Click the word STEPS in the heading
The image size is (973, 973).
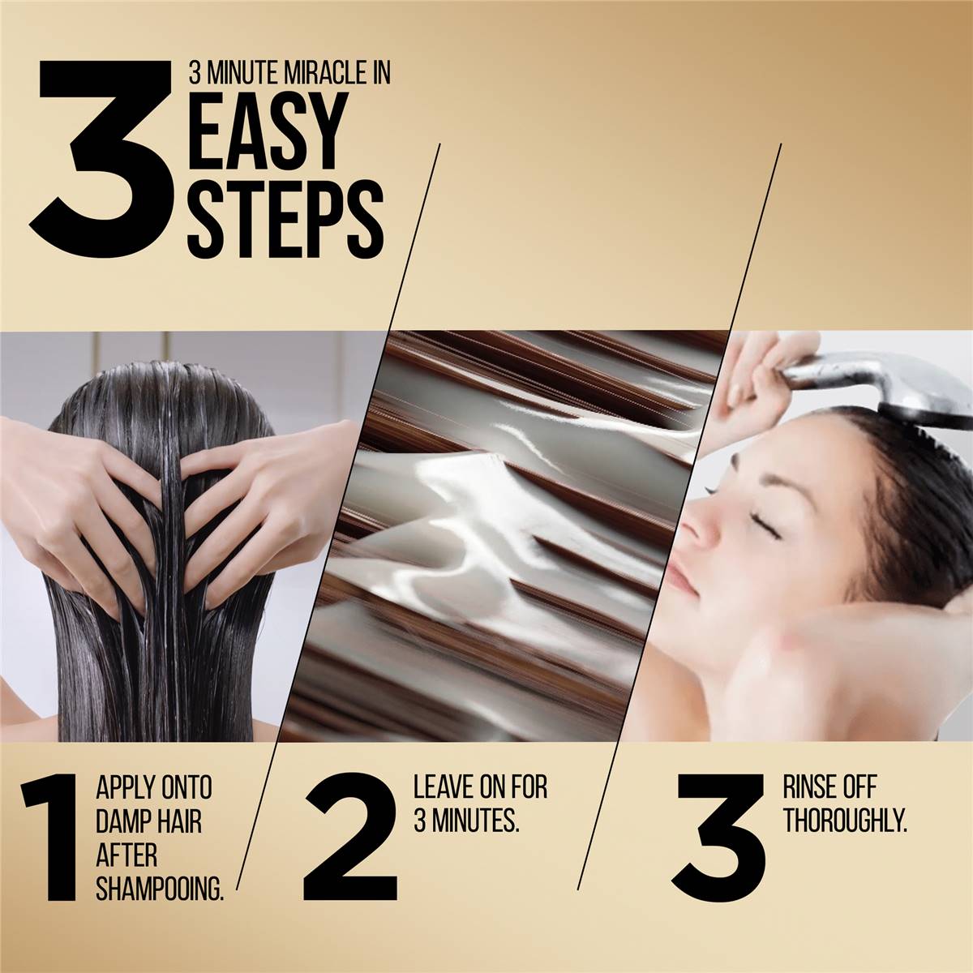point(285,221)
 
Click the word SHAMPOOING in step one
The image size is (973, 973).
point(160,889)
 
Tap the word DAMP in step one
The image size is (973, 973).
point(119,821)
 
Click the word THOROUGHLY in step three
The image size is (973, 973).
point(845,821)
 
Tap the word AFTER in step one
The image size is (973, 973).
point(126,855)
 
